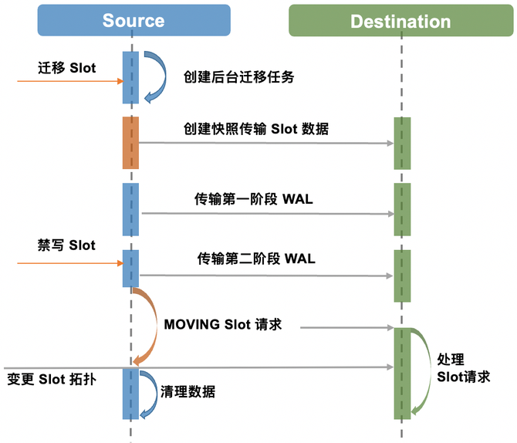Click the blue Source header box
133,20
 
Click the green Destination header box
400,21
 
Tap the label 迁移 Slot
67,68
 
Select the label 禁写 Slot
67,245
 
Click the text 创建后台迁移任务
238,77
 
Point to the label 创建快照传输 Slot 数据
255,129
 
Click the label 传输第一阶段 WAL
253,199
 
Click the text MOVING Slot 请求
223,324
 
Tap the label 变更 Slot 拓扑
52,380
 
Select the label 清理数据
188,391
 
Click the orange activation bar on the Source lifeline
130,143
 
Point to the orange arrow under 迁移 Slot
70,81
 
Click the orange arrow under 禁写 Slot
70,263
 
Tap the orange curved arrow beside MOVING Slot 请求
146,324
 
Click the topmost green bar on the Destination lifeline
402,143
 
